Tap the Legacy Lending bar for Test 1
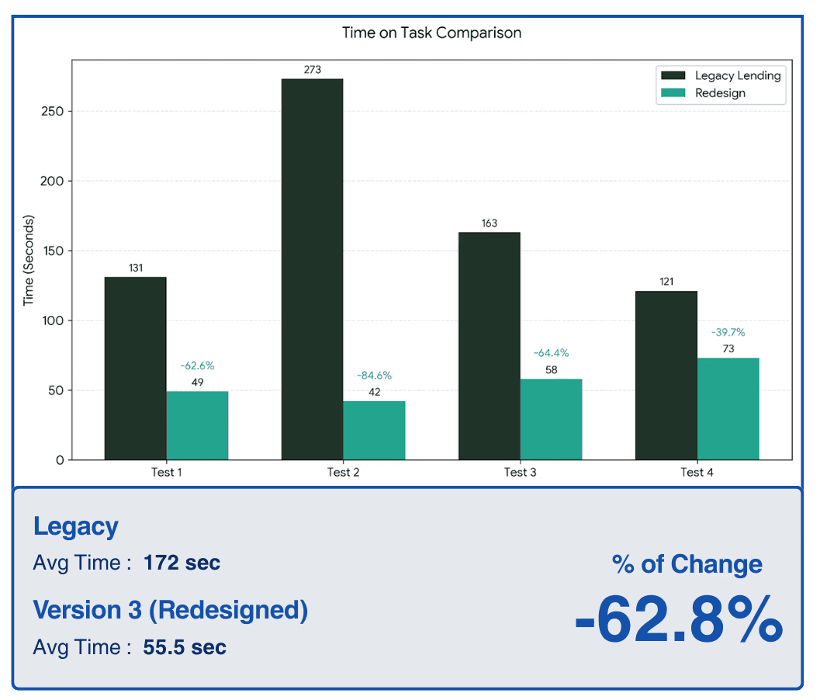(x=135, y=368)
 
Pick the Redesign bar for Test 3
(x=551, y=419)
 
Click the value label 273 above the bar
(x=312, y=70)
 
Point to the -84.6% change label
(x=374, y=376)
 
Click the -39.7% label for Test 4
(x=728, y=332)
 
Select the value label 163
(x=489, y=224)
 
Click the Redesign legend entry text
(x=720, y=93)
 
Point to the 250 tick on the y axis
(x=54, y=111)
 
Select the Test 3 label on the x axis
(x=520, y=472)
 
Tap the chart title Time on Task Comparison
(x=431, y=33)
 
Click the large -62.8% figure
(x=678, y=619)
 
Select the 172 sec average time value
(x=182, y=563)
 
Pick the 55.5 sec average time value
(x=185, y=647)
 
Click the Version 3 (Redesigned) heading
(x=170, y=610)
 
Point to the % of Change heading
(x=687, y=564)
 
